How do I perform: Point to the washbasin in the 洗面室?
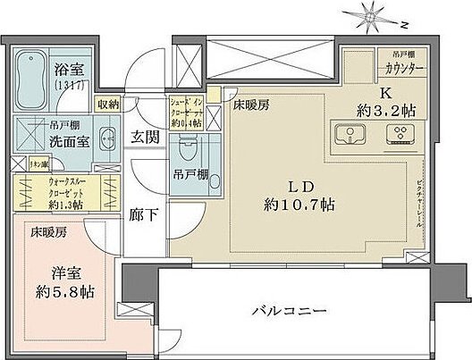tap(106, 138)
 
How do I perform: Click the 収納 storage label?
tap(109, 104)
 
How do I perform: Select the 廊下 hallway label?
tap(144, 215)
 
